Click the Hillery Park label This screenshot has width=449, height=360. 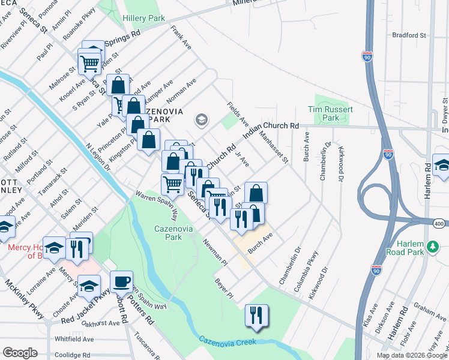(143, 19)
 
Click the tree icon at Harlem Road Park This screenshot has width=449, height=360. (431, 247)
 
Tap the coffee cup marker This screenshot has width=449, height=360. (122, 280)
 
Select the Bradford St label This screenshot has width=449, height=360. (409, 35)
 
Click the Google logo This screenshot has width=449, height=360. (20, 353)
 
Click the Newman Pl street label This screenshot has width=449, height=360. (215, 252)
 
